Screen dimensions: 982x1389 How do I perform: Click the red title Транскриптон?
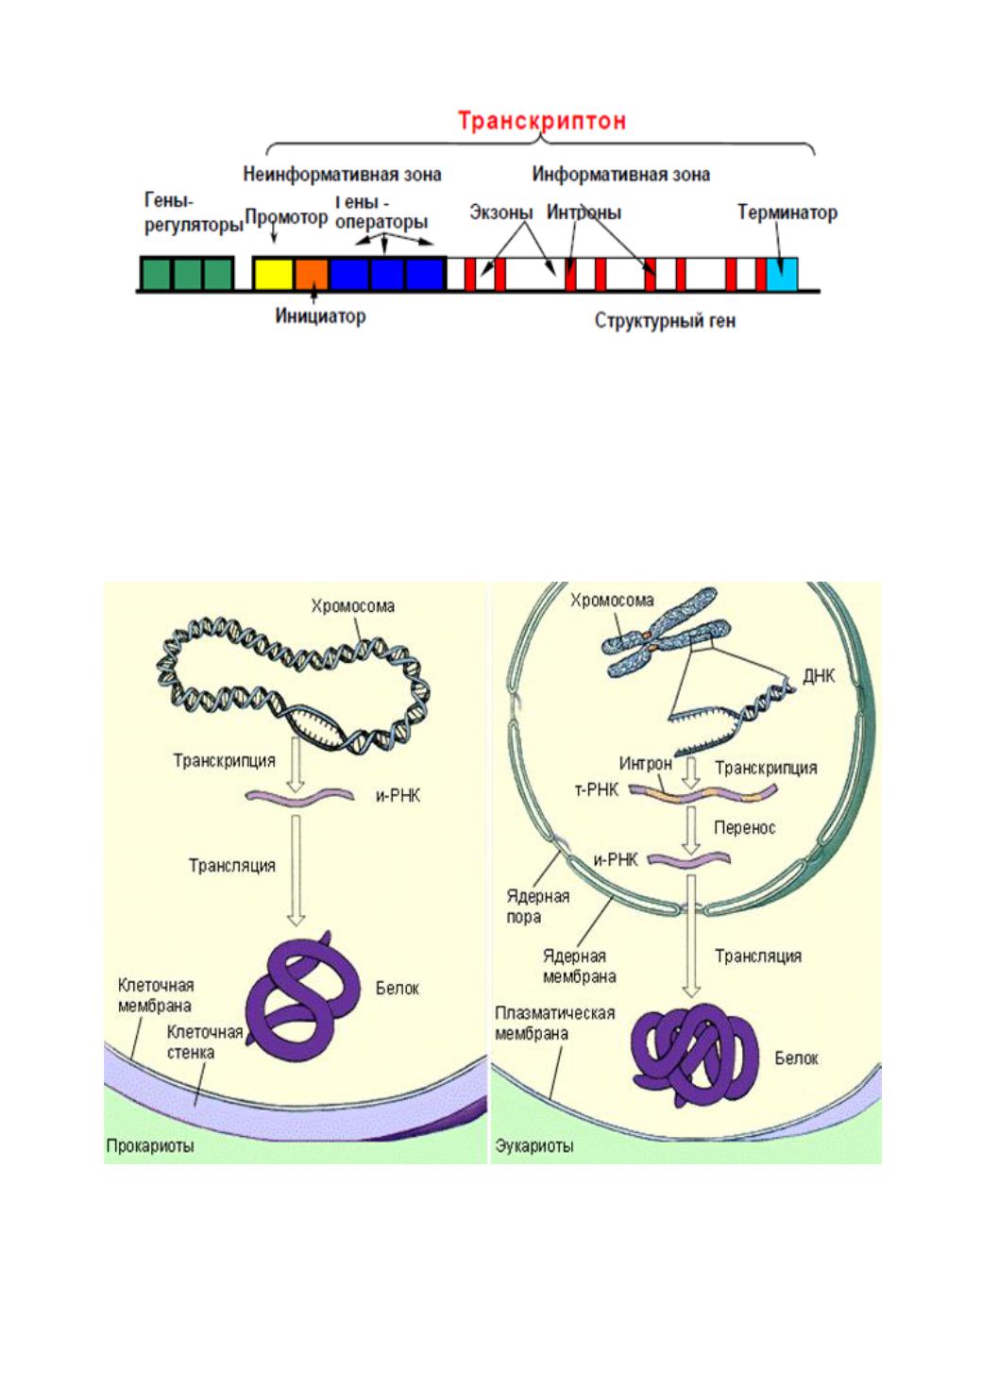pyautogui.click(x=542, y=121)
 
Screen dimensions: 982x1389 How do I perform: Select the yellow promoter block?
pyautogui.click(x=274, y=274)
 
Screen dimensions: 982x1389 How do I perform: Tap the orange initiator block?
pyautogui.click(x=312, y=274)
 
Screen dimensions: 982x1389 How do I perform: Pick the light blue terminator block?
pyautogui.click(x=782, y=274)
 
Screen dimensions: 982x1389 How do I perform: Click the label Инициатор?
pyautogui.click(x=320, y=316)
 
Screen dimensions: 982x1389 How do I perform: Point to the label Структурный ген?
pyautogui.click(x=665, y=321)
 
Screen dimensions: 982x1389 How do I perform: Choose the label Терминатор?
pyautogui.click(x=787, y=212)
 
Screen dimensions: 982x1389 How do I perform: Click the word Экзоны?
pyautogui.click(x=501, y=212)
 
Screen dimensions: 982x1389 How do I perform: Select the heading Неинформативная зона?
pyautogui.click(x=342, y=175)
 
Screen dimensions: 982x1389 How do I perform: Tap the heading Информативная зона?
pyautogui.click(x=621, y=175)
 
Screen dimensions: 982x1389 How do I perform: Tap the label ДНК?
pyautogui.click(x=819, y=676)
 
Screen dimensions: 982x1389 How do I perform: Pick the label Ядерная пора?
pyautogui.click(x=538, y=906)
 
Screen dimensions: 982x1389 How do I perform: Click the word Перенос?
pyautogui.click(x=745, y=828)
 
